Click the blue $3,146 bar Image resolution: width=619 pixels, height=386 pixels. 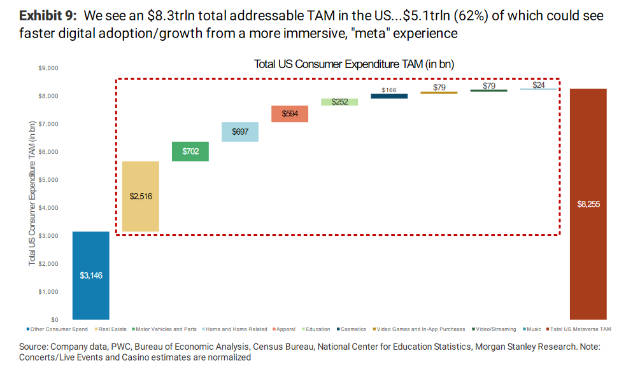90,275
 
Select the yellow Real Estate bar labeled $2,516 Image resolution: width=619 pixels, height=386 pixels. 140,196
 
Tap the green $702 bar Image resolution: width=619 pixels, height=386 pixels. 190,151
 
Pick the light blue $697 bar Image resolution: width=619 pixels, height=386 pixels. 240,132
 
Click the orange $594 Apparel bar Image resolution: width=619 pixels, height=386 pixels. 290,113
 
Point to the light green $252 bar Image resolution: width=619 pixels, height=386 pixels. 339,102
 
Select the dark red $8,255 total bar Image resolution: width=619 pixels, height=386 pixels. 588,204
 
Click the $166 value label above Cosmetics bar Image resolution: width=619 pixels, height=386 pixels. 389,90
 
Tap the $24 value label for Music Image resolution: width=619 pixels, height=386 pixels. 539,85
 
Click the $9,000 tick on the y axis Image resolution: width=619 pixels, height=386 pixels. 49,68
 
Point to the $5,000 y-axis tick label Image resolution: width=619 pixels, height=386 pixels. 49,180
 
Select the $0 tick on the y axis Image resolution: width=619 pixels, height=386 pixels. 54,320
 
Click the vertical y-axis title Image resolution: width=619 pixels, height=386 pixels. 32,194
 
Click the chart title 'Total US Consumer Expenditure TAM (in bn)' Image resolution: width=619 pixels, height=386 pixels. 353,64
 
